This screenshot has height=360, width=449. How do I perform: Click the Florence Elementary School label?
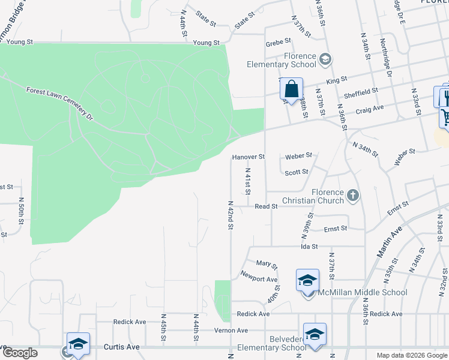tap(283, 60)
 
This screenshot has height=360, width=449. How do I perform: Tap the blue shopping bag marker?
tap(291, 89)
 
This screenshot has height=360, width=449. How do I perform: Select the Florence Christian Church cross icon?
tap(354, 194)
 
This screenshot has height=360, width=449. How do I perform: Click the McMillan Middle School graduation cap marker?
tap(307, 280)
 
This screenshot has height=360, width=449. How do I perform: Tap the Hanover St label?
tap(249, 157)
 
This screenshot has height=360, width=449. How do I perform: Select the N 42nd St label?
tap(230, 215)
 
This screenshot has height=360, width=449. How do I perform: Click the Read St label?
tap(266, 206)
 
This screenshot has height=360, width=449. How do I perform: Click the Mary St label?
tap(267, 264)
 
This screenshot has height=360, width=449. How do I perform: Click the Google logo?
tap(20, 353)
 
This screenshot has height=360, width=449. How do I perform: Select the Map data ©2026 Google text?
tap(411, 355)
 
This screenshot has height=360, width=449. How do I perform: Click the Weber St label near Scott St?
tap(298, 155)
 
